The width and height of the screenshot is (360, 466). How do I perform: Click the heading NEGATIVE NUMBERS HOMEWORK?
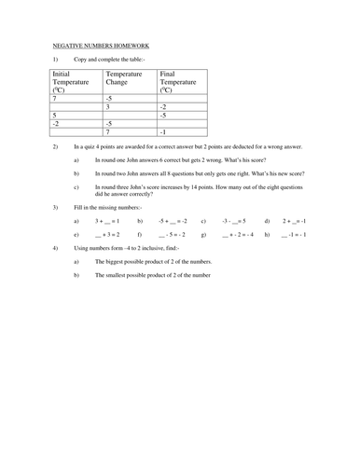pos(98,45)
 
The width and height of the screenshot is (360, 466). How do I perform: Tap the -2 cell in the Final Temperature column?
pos(164,106)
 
